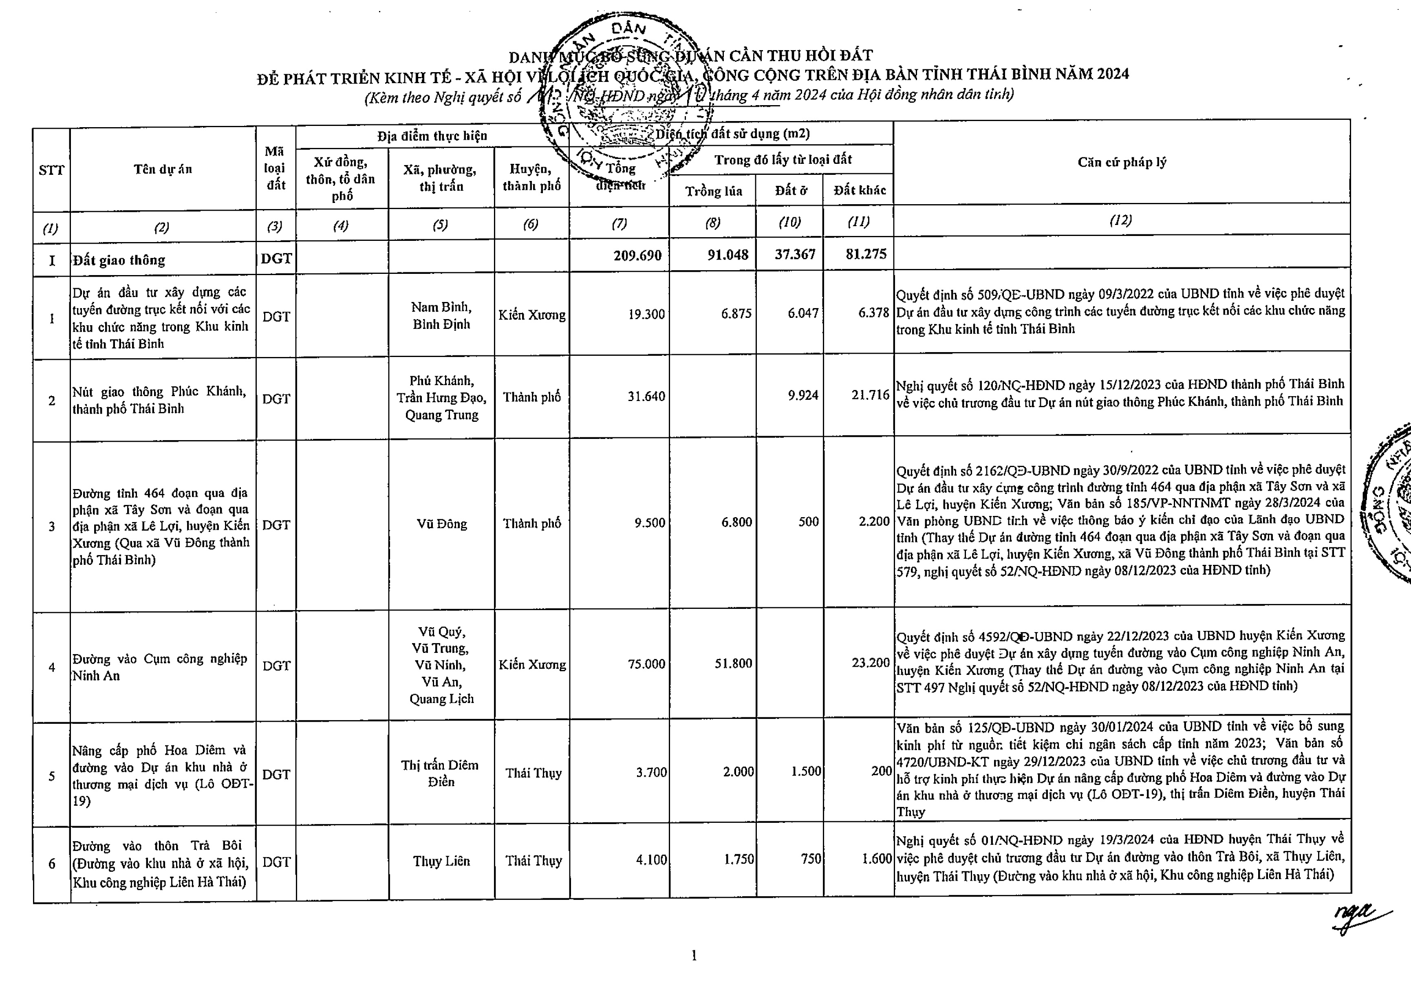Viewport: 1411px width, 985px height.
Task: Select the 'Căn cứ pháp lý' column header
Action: [1122, 162]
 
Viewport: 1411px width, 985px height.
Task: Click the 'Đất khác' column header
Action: [859, 190]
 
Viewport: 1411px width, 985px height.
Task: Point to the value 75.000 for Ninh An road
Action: [646, 663]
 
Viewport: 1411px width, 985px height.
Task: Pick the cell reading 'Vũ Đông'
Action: [441, 524]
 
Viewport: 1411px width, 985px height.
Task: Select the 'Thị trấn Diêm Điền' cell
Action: [440, 773]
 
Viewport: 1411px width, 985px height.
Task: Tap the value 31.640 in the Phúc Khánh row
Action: [646, 397]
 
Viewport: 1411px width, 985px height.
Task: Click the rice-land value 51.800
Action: [733, 663]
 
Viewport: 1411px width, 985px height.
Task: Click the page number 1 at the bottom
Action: [694, 956]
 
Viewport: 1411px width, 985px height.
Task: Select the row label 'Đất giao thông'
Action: [119, 260]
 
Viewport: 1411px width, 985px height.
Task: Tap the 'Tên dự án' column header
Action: [163, 170]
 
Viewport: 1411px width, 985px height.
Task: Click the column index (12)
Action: [1120, 220]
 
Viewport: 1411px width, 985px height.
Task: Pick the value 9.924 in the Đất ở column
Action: [803, 395]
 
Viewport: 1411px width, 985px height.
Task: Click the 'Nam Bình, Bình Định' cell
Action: [441, 315]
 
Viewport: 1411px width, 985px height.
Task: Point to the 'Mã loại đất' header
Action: [276, 168]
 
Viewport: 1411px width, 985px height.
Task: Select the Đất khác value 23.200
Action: [870, 662]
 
